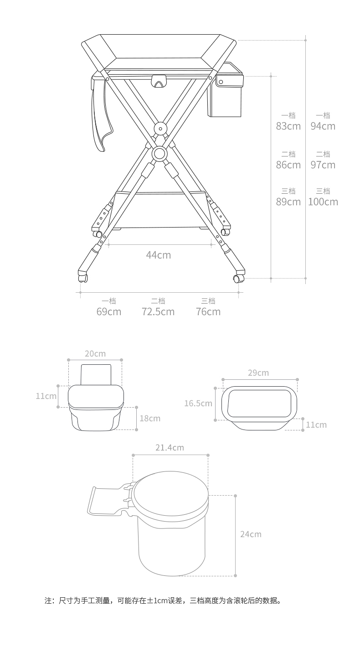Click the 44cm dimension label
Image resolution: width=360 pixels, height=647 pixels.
click(158, 255)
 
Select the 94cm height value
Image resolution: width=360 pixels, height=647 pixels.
click(323, 126)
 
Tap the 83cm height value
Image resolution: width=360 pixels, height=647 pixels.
click(288, 126)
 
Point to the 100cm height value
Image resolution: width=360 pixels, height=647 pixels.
click(323, 202)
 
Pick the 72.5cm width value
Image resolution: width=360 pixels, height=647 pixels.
click(158, 312)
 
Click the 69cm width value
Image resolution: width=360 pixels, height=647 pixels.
click(108, 312)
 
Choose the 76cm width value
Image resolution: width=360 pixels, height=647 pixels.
click(208, 312)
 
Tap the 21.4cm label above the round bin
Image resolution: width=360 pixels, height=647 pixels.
click(170, 447)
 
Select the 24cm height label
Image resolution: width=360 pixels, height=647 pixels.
click(251, 534)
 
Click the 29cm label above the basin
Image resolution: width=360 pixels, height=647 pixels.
click(258, 373)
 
